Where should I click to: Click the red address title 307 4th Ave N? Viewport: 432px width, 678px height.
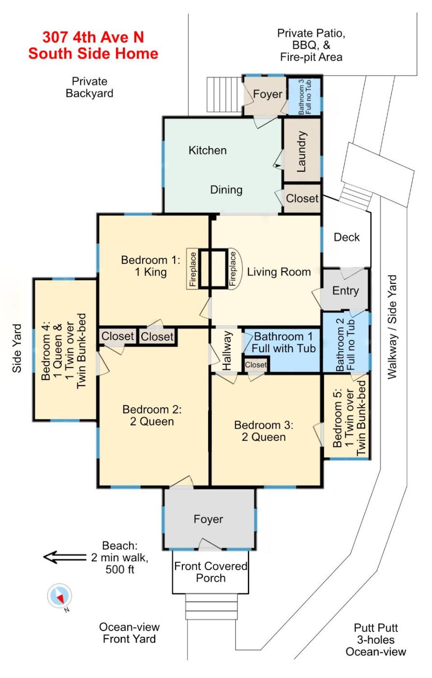93,38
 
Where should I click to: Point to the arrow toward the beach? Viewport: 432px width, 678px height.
64,557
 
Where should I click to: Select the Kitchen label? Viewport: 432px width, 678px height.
208,151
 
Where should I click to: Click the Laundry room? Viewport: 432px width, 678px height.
302,151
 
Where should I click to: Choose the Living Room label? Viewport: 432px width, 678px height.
279,272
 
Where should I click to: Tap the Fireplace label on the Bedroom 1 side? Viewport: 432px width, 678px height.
193,269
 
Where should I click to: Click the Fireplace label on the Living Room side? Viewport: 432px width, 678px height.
233,269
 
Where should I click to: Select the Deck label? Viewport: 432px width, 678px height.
346,237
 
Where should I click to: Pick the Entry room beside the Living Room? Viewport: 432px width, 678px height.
345,290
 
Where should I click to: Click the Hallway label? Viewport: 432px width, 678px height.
227,350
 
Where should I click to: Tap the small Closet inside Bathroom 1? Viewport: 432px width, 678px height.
256,364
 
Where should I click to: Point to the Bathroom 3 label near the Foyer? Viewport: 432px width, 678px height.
305,97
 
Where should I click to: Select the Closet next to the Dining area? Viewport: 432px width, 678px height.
302,198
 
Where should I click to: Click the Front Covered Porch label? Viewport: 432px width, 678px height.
211,572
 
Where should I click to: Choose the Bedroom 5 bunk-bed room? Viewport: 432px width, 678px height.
346,417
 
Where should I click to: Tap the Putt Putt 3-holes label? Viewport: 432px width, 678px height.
376,639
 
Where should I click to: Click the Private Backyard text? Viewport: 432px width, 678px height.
89,87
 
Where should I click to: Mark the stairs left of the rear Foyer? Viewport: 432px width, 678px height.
224,94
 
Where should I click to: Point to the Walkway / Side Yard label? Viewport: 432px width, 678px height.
392,327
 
